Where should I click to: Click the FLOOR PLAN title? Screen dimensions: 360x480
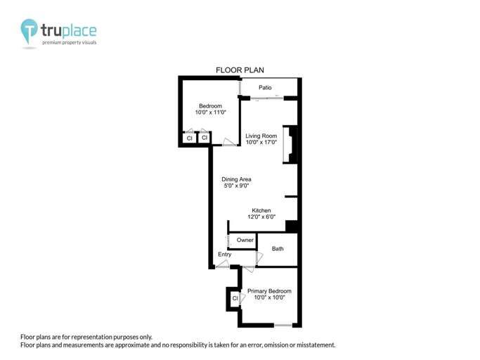coord(238,70)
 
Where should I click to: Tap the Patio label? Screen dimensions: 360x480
coord(265,88)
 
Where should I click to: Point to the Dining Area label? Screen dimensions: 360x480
coord(237,179)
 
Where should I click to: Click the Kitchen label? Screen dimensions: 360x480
coord(261,211)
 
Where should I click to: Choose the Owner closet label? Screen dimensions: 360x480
coord(245,240)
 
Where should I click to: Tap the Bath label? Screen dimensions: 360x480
coord(278,249)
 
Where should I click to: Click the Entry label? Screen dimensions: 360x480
coord(224,255)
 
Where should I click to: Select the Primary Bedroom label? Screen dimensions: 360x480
coord(269,291)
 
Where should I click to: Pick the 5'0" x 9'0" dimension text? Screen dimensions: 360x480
coord(237,186)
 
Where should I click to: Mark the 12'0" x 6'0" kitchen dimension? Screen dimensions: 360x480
coord(261,218)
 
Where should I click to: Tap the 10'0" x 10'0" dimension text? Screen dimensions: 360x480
coord(269,298)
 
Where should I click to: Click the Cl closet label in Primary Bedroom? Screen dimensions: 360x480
coord(235,299)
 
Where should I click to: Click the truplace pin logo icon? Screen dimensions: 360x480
coord(30,31)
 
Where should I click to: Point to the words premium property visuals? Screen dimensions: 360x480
coord(70,43)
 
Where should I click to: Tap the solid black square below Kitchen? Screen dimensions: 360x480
coord(292,226)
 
